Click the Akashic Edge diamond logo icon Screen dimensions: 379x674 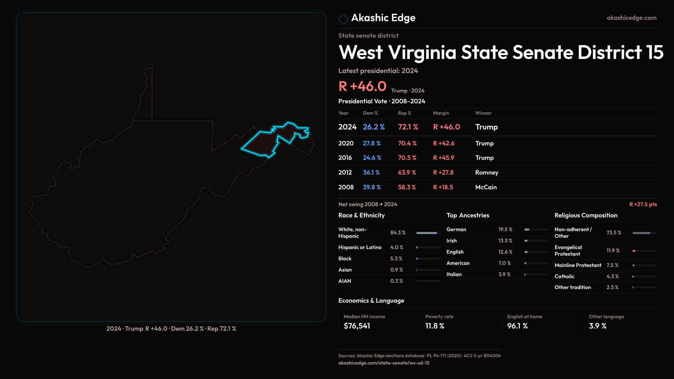click(x=343, y=19)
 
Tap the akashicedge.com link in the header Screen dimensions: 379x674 click(x=631, y=18)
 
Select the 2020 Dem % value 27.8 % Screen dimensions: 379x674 click(x=371, y=144)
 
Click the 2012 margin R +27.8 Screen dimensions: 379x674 click(x=443, y=173)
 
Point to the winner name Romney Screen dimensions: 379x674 click(x=487, y=173)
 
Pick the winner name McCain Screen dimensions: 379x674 click(x=486, y=187)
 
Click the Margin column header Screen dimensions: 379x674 click(x=441, y=113)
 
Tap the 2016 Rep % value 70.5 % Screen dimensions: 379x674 click(x=407, y=158)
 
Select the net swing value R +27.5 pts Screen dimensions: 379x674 click(x=643, y=204)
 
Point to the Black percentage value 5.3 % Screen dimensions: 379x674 click(x=396, y=259)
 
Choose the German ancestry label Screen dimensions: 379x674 click(x=456, y=230)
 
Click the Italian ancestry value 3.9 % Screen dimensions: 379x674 click(x=504, y=274)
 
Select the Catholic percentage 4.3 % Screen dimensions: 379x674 click(x=612, y=277)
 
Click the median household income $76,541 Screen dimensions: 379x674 click(x=357, y=326)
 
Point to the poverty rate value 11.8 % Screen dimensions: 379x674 click(x=435, y=326)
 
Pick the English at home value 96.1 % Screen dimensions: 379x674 click(x=517, y=326)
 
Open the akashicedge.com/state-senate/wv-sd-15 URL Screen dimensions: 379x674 click(x=384, y=363)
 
